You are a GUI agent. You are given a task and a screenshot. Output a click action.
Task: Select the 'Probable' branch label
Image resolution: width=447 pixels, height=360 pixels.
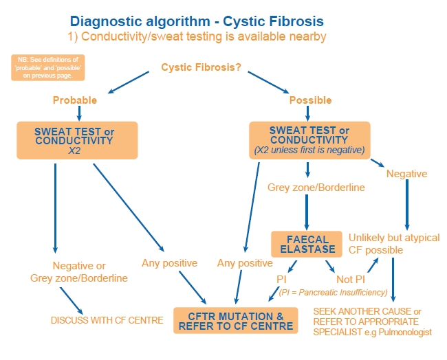click(x=75, y=100)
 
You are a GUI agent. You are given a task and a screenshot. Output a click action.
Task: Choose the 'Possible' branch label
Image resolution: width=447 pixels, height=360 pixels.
click(x=310, y=100)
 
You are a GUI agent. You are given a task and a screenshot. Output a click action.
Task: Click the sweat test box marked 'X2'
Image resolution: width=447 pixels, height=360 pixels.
click(x=78, y=142)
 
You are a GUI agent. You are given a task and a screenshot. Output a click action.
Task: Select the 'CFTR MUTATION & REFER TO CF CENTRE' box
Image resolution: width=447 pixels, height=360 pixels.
click(x=236, y=321)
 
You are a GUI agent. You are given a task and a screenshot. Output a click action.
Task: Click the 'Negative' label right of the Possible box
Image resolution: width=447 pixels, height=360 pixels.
click(x=407, y=174)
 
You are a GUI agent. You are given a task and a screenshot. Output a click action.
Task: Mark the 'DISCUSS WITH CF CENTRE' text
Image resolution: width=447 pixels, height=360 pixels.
click(x=107, y=321)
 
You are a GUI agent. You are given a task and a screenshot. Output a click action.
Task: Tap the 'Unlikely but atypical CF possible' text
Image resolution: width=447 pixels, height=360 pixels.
click(x=394, y=244)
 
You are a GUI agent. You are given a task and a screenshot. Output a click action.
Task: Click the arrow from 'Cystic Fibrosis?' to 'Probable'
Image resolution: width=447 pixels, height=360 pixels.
click(x=130, y=81)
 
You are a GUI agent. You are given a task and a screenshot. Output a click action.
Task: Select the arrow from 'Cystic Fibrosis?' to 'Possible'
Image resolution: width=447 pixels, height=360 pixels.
click(x=265, y=81)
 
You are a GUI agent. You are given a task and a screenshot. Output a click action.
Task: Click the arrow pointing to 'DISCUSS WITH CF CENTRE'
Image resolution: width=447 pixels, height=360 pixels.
click(x=71, y=300)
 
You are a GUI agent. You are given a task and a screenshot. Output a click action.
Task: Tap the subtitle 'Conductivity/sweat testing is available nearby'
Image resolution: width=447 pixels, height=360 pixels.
click(x=197, y=36)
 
